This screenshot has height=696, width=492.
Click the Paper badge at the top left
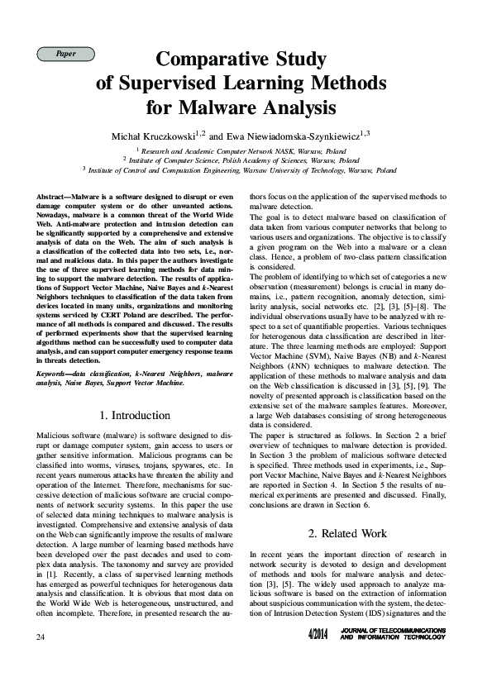pos(65,54)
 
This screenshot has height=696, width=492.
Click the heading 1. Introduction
pos(134,415)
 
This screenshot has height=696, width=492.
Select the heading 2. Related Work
pos(347,533)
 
